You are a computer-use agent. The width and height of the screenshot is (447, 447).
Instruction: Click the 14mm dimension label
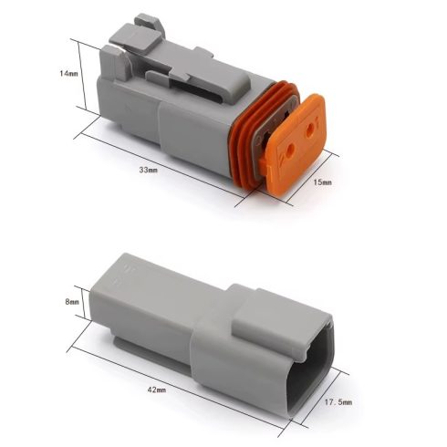click(x=68, y=73)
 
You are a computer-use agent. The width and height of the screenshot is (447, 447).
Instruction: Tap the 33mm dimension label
click(x=149, y=170)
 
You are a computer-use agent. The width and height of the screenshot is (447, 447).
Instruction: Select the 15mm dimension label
click(x=322, y=182)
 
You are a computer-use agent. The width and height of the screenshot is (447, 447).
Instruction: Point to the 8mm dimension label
click(x=72, y=302)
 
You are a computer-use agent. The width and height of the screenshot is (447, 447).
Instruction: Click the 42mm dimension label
click(x=157, y=390)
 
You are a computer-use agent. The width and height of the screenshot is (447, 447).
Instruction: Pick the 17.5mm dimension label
click(x=338, y=402)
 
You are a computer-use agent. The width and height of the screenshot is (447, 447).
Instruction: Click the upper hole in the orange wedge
click(x=310, y=126)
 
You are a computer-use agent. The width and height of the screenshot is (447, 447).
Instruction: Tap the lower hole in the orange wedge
click(x=290, y=149)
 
